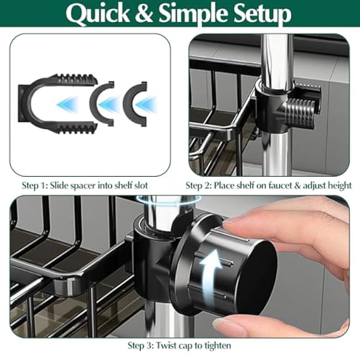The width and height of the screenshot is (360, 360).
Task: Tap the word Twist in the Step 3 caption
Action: (x=167, y=346)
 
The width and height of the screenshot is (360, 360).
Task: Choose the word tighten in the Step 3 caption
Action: (x=216, y=346)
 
